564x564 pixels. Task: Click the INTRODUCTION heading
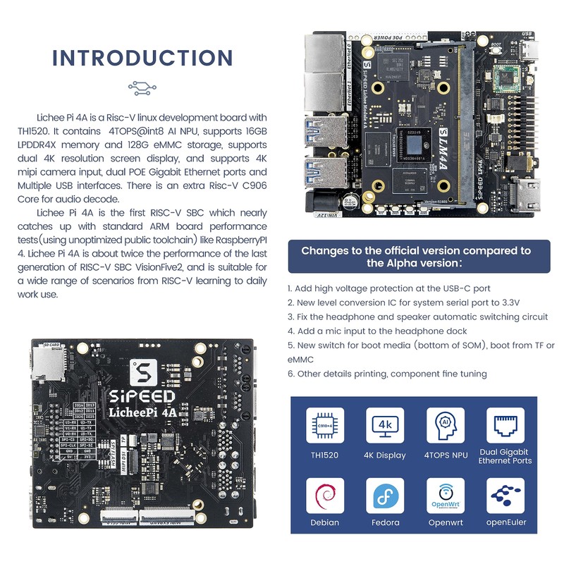click(142, 58)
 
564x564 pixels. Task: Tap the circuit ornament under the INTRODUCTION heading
click(142, 88)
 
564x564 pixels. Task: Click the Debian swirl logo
click(325, 496)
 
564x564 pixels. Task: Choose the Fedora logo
click(385, 496)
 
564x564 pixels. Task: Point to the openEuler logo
click(505, 496)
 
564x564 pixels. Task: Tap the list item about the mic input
click(377, 331)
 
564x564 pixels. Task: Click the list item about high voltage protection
click(389, 288)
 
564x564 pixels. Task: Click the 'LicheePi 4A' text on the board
click(146, 412)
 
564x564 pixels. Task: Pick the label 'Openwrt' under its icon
click(445, 522)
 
